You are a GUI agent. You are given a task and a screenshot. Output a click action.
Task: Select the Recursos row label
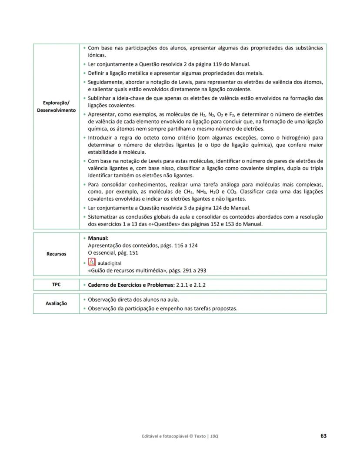click(x=56, y=254)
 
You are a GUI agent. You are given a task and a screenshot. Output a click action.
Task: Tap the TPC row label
click(x=56, y=285)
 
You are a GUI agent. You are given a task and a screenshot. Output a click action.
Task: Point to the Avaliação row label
click(x=56, y=303)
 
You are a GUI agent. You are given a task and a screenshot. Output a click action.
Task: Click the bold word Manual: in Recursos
click(x=98, y=238)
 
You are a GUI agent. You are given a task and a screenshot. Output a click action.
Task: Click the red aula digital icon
click(x=92, y=262)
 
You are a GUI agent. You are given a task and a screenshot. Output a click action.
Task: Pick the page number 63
click(x=323, y=435)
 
